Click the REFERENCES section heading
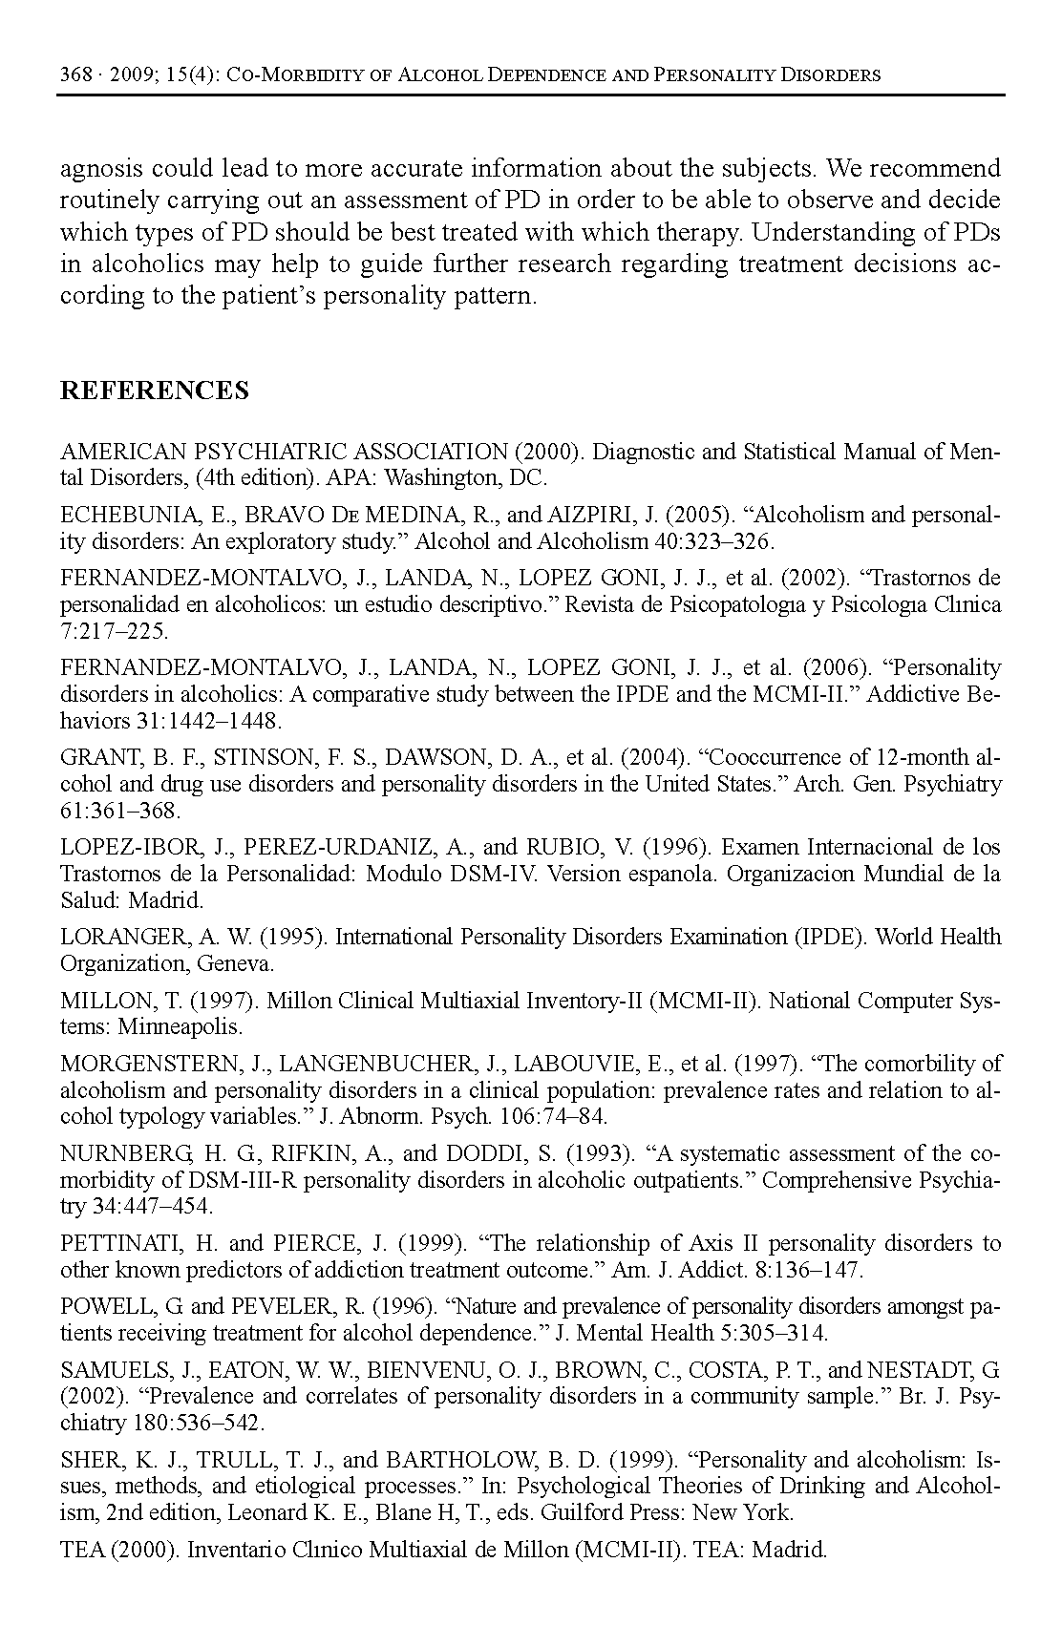[x=154, y=391]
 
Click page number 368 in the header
[x=74, y=74]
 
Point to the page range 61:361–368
[x=120, y=812]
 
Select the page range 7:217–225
[x=114, y=632]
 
